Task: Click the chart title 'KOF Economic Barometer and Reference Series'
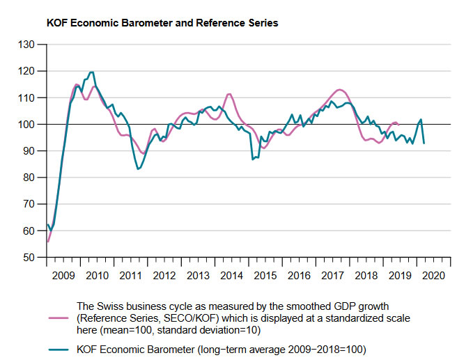[162, 23]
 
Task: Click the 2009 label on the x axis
[63, 275]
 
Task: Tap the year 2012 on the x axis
[164, 275]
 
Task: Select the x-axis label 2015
[265, 275]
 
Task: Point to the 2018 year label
[365, 275]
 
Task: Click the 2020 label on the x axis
[433, 275]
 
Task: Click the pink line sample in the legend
[59, 317]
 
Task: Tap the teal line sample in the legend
[59, 349]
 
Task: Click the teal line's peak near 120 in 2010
[91, 72]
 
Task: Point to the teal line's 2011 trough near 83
[138, 169]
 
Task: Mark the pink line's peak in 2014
[229, 94]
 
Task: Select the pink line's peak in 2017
[339, 89]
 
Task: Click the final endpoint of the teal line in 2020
[424, 143]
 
